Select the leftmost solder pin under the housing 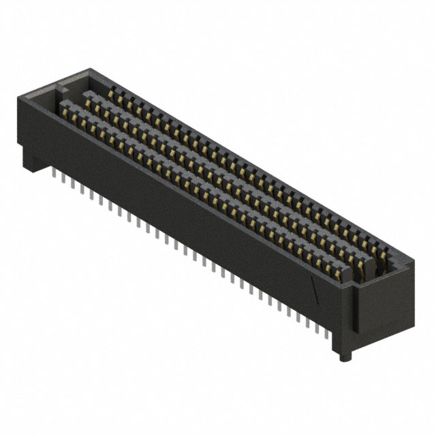click(54, 178)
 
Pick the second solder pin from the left click(63, 183)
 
